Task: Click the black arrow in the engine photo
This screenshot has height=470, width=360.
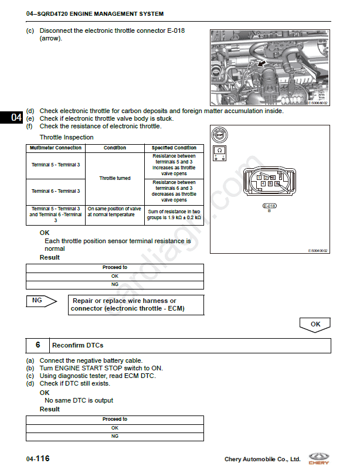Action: click(263, 61)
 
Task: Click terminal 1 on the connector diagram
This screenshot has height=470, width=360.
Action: click(259, 177)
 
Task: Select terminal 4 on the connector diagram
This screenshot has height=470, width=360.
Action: click(263, 184)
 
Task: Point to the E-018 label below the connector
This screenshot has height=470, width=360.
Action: click(269, 206)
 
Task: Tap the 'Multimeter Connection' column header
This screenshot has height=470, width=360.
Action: click(56, 148)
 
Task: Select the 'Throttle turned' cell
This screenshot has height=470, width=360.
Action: click(115, 178)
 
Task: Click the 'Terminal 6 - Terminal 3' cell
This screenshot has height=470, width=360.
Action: click(56, 191)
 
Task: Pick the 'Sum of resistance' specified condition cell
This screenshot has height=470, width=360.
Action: click(174, 214)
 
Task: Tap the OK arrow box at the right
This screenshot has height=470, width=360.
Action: click(315, 323)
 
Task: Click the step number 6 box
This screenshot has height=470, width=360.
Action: click(38, 345)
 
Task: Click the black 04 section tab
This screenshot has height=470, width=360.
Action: click(12, 118)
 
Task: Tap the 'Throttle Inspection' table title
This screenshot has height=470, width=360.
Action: click(66, 137)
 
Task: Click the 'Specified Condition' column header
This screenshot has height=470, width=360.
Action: click(174, 148)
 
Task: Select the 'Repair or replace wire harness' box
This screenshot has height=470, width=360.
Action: click(136, 305)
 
